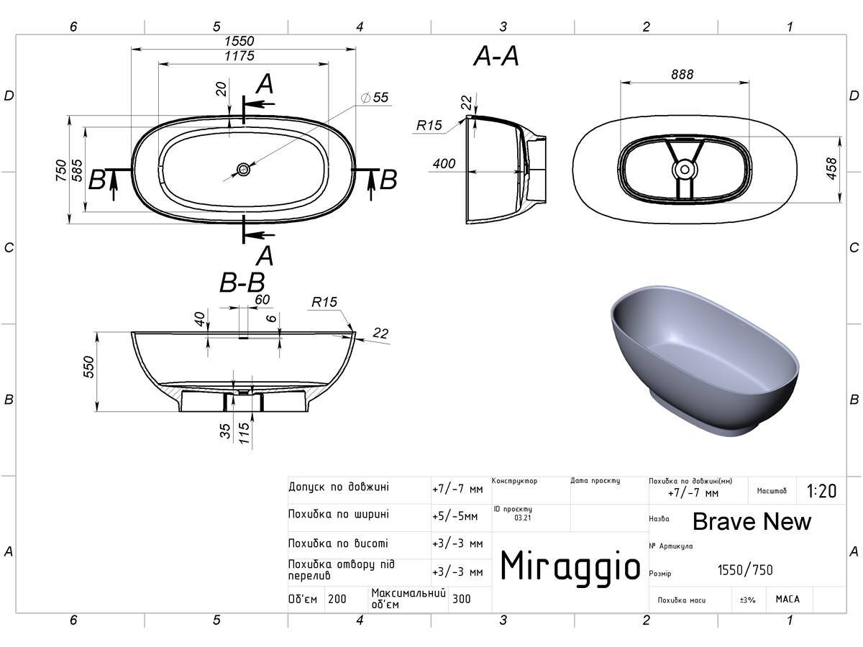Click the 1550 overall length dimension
(239, 41)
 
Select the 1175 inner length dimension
(239, 56)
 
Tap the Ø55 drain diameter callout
(375, 98)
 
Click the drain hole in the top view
(243, 170)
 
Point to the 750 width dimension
(61, 170)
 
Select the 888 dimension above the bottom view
(682, 74)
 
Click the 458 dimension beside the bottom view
(831, 169)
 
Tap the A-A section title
(496, 56)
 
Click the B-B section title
(242, 283)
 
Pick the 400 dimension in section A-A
(444, 163)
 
